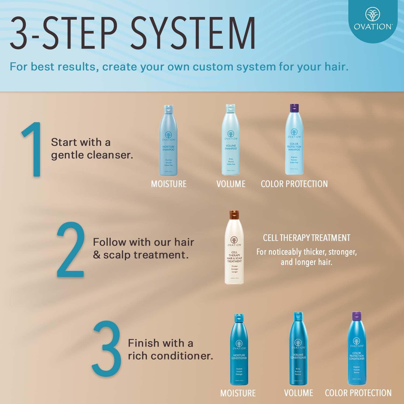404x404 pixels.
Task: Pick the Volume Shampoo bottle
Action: pyautogui.click(x=231, y=141)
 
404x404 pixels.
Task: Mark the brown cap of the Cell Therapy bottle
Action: pyautogui.click(x=234, y=215)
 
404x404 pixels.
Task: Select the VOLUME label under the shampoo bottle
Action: pyautogui.click(x=231, y=184)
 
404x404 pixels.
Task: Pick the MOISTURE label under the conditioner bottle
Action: pyautogui.click(x=238, y=393)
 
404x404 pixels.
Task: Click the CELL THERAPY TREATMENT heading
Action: pyautogui.click(x=307, y=238)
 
